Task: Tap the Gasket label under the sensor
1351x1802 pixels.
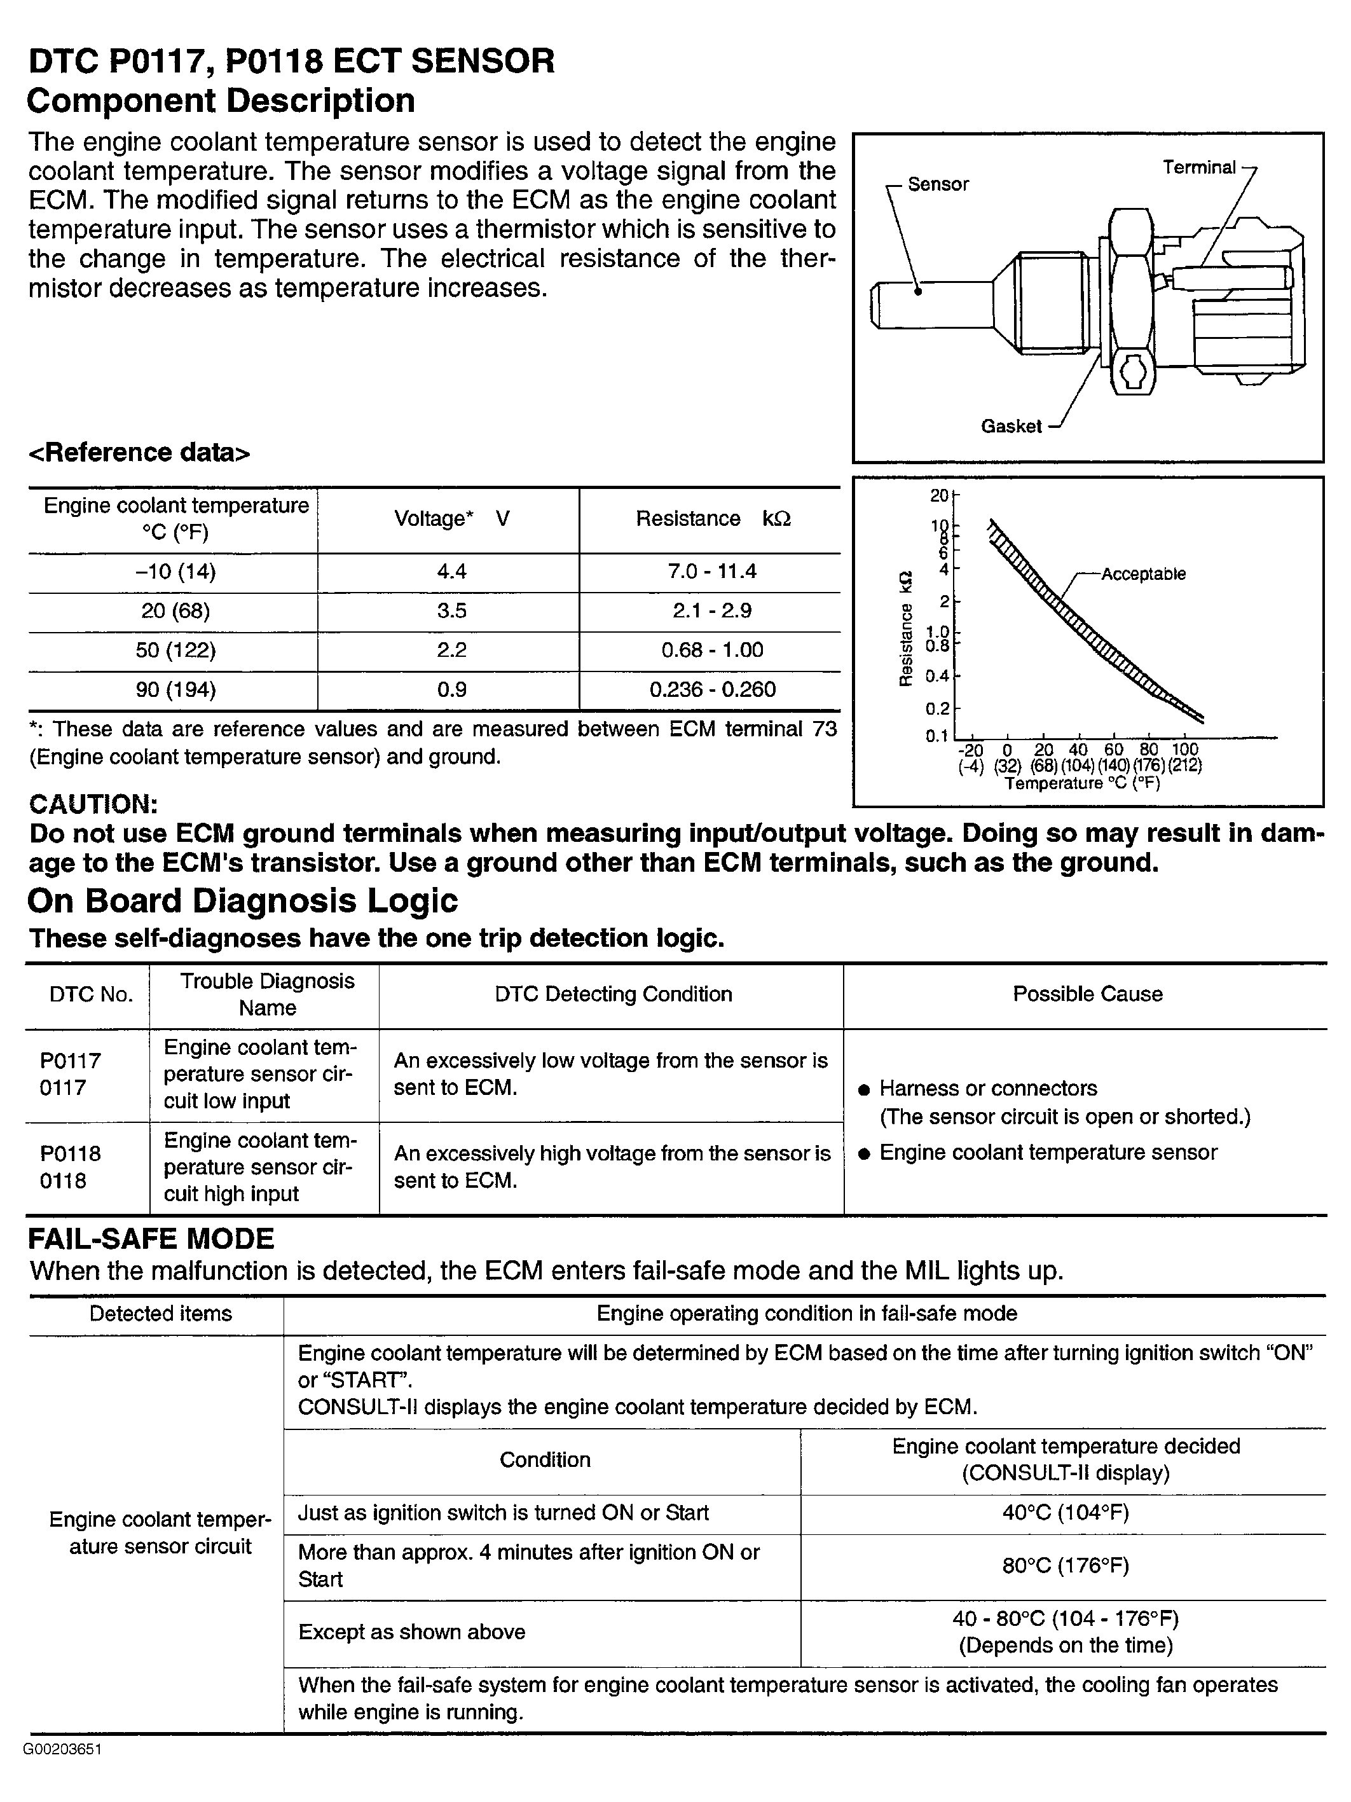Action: click(x=1011, y=426)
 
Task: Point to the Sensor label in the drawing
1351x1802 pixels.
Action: click(x=938, y=184)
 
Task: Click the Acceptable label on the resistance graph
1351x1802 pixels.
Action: click(x=1142, y=574)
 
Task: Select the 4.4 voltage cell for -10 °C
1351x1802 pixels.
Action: click(x=451, y=572)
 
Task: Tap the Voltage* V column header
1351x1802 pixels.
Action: click(x=451, y=519)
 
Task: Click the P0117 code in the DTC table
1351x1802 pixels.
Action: click(x=70, y=1061)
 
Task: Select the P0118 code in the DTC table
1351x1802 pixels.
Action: click(x=70, y=1153)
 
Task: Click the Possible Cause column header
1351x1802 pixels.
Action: click(x=1087, y=994)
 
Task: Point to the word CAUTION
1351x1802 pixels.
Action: click(x=93, y=804)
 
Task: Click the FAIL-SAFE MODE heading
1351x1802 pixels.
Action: click(x=151, y=1239)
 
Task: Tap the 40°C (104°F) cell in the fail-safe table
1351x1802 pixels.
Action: click(x=1065, y=1513)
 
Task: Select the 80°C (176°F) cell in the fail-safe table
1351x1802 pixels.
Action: click(x=1065, y=1565)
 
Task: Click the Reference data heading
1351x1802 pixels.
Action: click(x=139, y=453)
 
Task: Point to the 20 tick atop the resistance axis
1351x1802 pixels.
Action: click(x=939, y=495)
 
